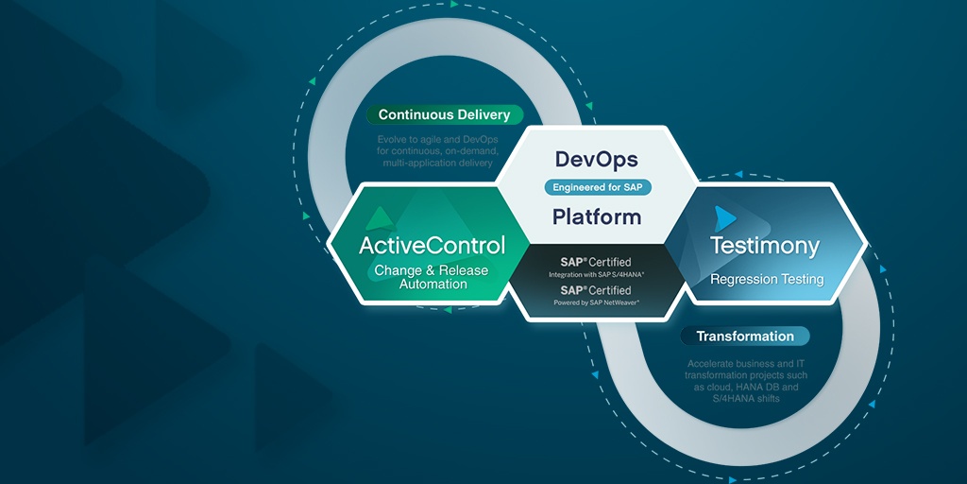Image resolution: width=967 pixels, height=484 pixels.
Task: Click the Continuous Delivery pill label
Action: click(x=444, y=115)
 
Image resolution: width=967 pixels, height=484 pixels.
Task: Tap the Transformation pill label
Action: click(x=745, y=337)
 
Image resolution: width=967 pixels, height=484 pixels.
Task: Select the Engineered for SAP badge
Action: click(x=597, y=187)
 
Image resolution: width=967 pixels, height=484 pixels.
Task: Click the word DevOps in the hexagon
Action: click(x=597, y=159)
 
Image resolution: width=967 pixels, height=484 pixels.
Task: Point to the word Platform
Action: click(x=597, y=216)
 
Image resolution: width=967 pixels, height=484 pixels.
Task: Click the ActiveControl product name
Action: click(x=432, y=245)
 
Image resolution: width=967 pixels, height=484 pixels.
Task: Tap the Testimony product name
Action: click(x=765, y=247)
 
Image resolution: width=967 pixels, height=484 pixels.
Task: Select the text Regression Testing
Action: click(x=767, y=280)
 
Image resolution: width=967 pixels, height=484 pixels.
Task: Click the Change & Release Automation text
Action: click(x=432, y=277)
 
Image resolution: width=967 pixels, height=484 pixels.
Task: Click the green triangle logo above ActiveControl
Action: click(x=380, y=218)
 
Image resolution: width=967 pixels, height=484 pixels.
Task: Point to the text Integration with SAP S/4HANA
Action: click(x=597, y=274)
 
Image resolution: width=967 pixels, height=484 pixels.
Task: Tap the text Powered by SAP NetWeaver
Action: click(x=597, y=302)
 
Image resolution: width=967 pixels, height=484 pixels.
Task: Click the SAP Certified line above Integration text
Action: click(x=597, y=262)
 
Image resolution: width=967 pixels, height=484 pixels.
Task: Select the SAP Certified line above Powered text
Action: click(x=597, y=290)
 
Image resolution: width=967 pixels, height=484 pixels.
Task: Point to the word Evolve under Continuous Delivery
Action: click(x=394, y=139)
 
